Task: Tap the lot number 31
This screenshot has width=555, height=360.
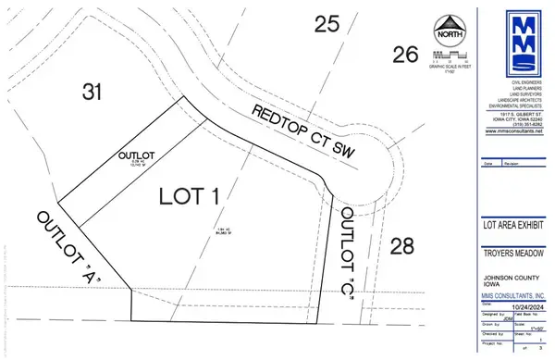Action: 90,92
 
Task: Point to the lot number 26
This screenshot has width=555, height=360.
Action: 404,56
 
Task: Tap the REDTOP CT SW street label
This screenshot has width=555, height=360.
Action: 304,131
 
